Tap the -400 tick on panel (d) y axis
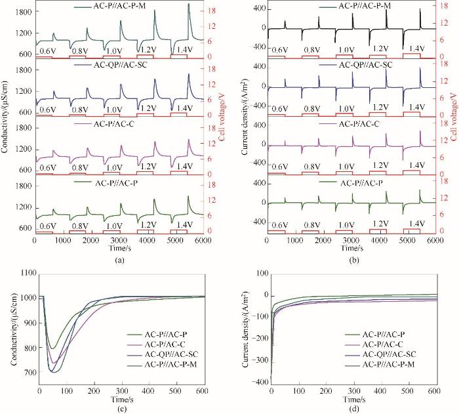(256, 382)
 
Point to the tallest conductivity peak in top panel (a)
(189, 4)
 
